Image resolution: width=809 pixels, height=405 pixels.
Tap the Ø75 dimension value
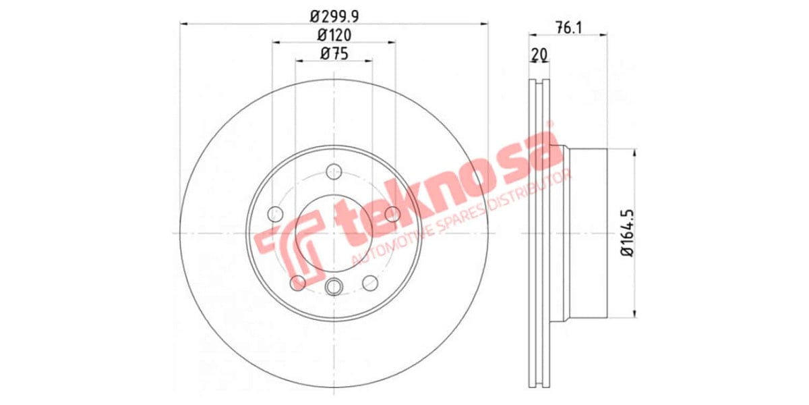coord(334,55)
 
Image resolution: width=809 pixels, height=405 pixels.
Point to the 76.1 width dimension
coord(568,28)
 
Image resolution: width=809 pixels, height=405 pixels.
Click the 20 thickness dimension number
coord(538,54)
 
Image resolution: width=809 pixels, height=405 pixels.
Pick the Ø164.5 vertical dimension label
coord(626,232)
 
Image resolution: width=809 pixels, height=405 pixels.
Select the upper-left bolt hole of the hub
coord(275,215)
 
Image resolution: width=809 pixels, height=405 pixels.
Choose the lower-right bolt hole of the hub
coord(370,282)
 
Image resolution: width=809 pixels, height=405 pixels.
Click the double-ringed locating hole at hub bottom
coord(334,288)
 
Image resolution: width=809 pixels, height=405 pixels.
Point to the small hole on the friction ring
coord(477,178)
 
